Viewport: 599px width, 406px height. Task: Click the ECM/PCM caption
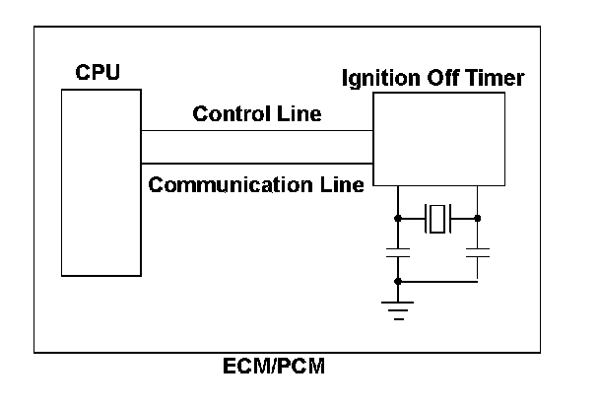pyautogui.click(x=275, y=369)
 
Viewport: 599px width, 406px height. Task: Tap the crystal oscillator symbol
pyautogui.click(x=436, y=218)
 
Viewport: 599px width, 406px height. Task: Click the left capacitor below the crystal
pyautogui.click(x=397, y=255)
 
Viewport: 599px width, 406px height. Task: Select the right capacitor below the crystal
pyautogui.click(x=477, y=255)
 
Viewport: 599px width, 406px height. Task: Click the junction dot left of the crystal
pyautogui.click(x=397, y=218)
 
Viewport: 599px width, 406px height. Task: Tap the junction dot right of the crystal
pyautogui.click(x=477, y=218)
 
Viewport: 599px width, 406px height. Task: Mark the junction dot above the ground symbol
pyautogui.click(x=397, y=282)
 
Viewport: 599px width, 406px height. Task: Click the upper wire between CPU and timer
pyautogui.click(x=256, y=130)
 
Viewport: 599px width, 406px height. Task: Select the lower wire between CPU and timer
pyautogui.click(x=256, y=164)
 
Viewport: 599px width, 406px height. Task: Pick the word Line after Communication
pyautogui.click(x=345, y=183)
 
